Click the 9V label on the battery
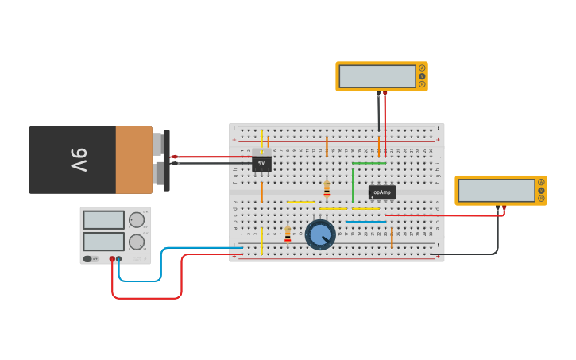(79, 160)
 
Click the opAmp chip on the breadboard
(381, 192)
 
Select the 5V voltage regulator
(261, 163)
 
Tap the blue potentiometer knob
(320, 234)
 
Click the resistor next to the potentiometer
(288, 234)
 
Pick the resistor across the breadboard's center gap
(327, 189)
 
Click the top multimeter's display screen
(377, 76)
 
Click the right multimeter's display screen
(496, 191)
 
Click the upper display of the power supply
(103, 220)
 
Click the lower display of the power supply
(103, 241)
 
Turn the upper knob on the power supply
(137, 220)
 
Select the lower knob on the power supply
(137, 242)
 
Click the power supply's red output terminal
(112, 259)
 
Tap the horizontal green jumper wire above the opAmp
(369, 163)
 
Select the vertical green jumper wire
(353, 185)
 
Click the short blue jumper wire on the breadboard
(365, 222)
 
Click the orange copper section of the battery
(133, 160)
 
